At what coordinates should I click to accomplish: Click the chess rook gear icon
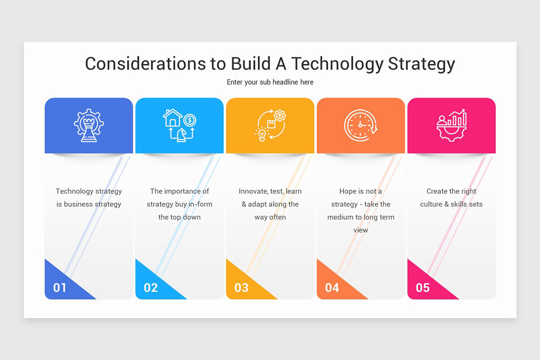click(x=89, y=126)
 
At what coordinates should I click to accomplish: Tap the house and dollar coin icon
click(x=180, y=126)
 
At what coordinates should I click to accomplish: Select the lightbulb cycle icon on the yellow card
click(x=270, y=126)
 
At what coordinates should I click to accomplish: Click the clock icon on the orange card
click(x=360, y=126)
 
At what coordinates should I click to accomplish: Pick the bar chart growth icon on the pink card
click(x=451, y=126)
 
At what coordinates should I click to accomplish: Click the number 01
click(x=60, y=288)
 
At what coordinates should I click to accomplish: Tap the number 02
click(x=151, y=288)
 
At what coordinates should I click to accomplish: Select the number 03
click(x=242, y=288)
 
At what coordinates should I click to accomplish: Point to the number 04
click(x=332, y=288)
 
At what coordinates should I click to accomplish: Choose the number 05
click(x=423, y=288)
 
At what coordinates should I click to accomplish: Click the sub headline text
click(x=270, y=82)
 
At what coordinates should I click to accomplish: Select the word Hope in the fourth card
click(x=348, y=191)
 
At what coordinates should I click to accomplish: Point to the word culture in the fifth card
click(x=431, y=204)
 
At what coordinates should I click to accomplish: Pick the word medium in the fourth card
click(x=342, y=217)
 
